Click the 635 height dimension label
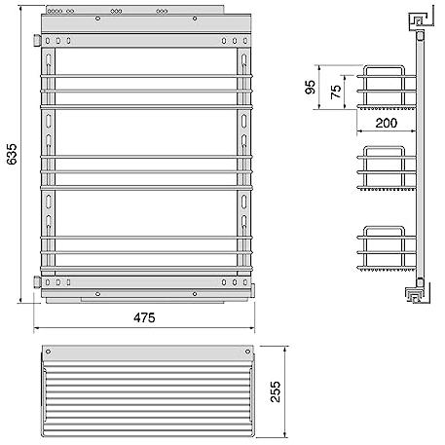point(12,154)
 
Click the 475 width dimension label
point(144,317)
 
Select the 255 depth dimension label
point(276,391)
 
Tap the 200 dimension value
point(387,123)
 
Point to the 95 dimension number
point(311,87)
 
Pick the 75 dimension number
point(336,92)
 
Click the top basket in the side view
point(387,88)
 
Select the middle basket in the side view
point(387,168)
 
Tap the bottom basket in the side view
point(387,248)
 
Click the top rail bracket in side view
point(421,21)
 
